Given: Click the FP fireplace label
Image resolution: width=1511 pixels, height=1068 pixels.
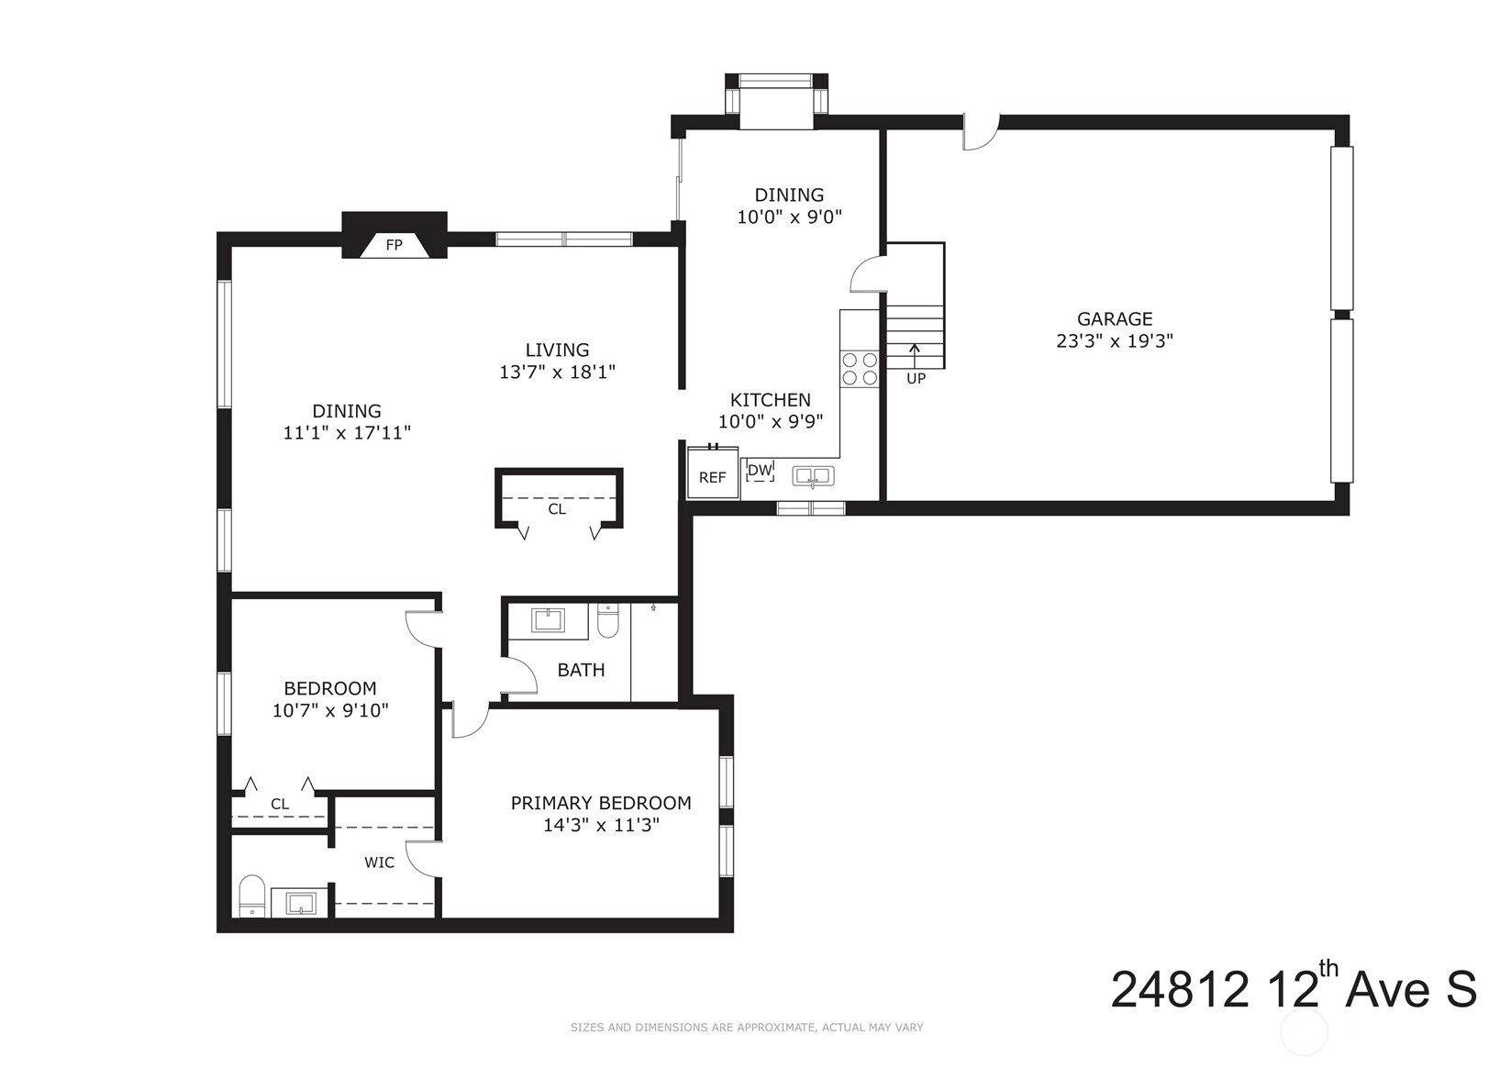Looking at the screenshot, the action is click(x=394, y=245).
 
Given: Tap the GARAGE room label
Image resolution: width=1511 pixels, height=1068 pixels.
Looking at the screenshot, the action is click(x=1115, y=318).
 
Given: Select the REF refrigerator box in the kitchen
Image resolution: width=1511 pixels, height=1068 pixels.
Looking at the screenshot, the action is click(x=712, y=473).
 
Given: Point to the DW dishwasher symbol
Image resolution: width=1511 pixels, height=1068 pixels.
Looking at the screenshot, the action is click(x=761, y=471).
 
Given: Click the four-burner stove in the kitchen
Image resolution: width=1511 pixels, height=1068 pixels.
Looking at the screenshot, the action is click(x=860, y=369).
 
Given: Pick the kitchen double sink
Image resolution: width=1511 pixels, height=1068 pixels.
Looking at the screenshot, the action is click(x=814, y=476).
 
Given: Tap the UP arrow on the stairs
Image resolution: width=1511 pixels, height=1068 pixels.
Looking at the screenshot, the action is click(x=915, y=356).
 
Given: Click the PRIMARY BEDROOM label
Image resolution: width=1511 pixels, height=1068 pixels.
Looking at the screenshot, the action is click(x=601, y=803).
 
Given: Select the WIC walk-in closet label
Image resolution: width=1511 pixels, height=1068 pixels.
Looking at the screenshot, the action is click(x=379, y=862).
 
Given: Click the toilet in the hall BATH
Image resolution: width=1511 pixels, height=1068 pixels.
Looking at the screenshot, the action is click(x=607, y=620).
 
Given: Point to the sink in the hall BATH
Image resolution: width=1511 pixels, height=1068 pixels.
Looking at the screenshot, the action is click(x=548, y=620).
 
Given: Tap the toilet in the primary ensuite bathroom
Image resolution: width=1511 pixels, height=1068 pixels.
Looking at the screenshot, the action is click(x=252, y=896).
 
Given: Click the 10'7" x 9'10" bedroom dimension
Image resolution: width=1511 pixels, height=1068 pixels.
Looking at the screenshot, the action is click(x=330, y=710).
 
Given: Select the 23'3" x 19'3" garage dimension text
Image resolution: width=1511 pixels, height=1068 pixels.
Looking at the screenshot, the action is click(x=1115, y=340).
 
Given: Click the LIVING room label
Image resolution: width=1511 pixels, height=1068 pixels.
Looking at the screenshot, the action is click(x=557, y=350).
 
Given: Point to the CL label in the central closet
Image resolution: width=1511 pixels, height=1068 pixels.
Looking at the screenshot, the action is click(x=557, y=509).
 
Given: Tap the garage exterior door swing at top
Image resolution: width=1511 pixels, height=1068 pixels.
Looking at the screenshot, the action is click(x=980, y=133).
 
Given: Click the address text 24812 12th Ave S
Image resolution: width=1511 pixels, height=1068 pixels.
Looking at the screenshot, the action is click(x=1294, y=989).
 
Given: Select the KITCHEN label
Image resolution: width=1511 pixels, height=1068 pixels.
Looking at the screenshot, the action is click(x=771, y=399).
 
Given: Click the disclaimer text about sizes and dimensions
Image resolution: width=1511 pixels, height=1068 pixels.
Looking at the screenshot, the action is click(x=747, y=1028).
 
